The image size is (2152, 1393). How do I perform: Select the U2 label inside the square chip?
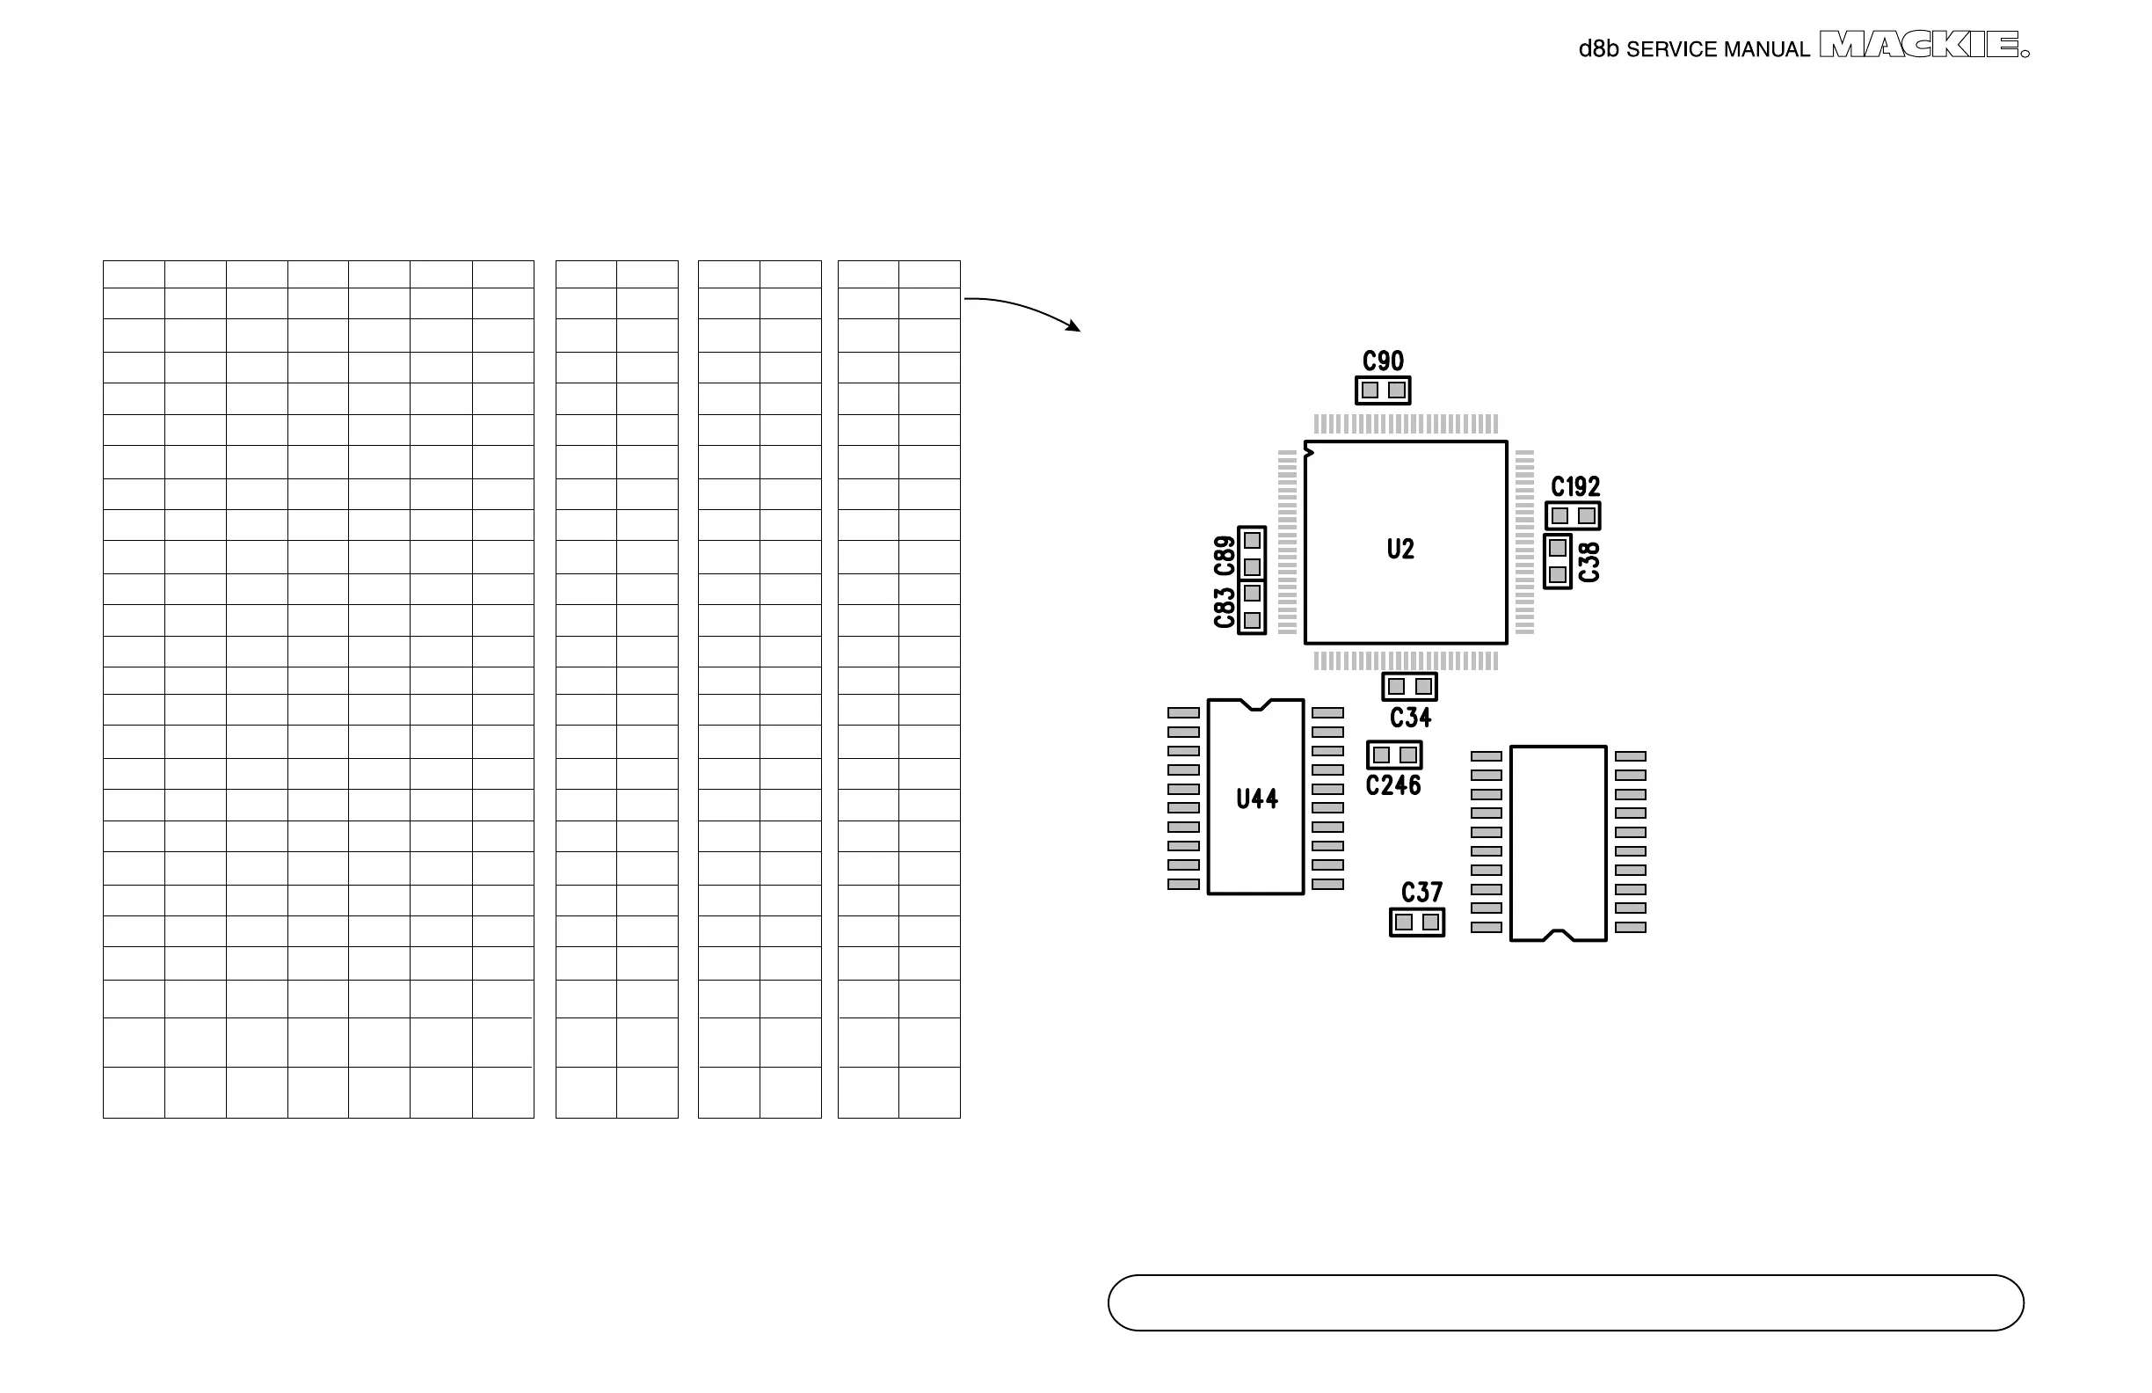pos(1400,549)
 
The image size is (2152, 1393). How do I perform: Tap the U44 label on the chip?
pos(1257,799)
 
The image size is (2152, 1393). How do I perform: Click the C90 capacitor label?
pos(1383,361)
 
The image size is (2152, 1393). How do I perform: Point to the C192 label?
pos(1575,486)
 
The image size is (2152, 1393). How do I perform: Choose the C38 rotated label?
pos(1589,562)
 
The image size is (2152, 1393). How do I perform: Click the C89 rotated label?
pos(1225,556)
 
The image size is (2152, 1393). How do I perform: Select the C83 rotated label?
pos(1225,608)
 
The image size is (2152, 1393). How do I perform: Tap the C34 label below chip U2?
pos(1410,718)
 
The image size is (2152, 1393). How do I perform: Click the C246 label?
pos(1392,785)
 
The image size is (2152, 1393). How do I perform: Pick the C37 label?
pos(1421,893)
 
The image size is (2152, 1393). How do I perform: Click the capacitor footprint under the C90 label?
pos(1383,390)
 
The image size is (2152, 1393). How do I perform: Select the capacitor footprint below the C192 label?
pos(1573,515)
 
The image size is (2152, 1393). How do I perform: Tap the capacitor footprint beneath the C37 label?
pos(1416,922)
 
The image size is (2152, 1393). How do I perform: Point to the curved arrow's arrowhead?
pos(1074,326)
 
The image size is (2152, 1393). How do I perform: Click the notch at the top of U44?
pos(1255,704)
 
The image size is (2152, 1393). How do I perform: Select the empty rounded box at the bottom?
pos(1565,1302)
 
